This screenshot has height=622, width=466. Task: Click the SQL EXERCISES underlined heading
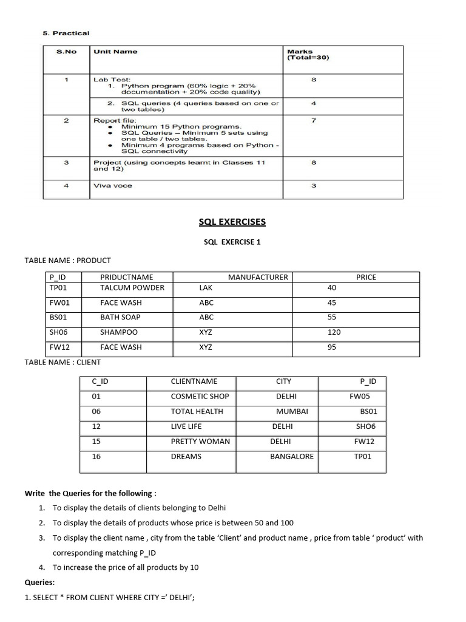point(232,222)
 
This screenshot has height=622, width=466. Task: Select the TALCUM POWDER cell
point(132,287)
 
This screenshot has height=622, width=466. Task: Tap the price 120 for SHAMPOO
point(334,332)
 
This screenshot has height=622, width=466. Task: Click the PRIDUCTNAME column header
point(127,277)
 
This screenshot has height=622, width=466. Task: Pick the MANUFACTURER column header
point(258,277)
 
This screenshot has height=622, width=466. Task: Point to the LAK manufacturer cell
point(206,287)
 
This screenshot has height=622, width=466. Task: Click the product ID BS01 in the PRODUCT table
point(56,317)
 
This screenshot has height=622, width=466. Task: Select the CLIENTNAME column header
point(194,381)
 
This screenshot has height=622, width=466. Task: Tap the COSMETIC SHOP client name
point(200,396)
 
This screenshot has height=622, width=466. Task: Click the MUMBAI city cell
point(292,411)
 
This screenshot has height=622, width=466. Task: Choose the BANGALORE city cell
point(292,456)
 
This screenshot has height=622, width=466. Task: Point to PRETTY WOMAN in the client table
point(200,442)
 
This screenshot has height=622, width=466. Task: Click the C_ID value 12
point(96,426)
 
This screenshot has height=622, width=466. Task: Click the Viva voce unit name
point(112,186)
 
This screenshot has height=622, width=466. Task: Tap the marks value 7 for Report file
point(313,120)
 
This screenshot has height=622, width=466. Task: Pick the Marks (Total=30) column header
point(308,55)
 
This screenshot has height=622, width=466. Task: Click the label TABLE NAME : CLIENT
point(62,362)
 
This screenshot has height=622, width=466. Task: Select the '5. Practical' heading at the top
point(66,33)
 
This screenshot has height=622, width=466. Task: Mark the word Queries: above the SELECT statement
point(39,582)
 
